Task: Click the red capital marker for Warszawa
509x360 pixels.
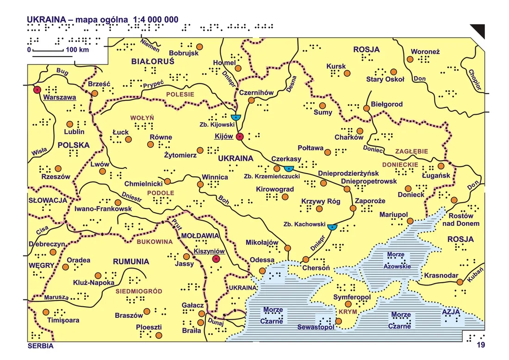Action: coord(37,90)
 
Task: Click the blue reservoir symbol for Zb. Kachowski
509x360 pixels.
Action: coord(332,227)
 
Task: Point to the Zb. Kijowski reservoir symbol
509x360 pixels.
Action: coord(236,118)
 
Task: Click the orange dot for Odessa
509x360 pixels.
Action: coord(262,271)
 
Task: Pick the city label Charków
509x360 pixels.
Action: coord(349,137)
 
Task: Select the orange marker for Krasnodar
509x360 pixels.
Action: coord(459,282)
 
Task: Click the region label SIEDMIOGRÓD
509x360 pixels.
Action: coord(139,292)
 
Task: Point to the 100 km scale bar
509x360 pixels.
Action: coord(53,56)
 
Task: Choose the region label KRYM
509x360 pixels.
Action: coord(347,312)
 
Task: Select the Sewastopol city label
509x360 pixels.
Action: coord(316,328)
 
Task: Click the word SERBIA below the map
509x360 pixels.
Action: coord(41,346)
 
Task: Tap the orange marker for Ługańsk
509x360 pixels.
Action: coord(441,166)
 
